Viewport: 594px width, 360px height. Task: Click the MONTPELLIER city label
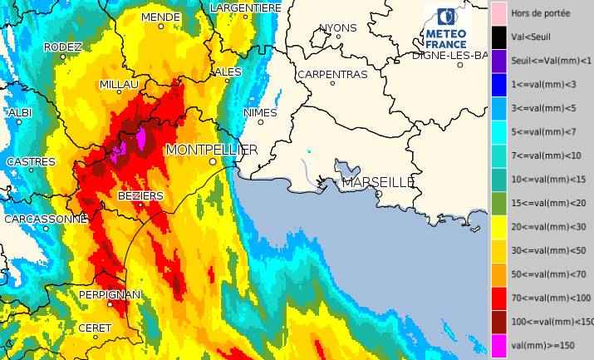[x=212, y=150]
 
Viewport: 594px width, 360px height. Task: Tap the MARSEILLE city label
[x=378, y=182]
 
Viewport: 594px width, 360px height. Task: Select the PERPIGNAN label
[x=110, y=295]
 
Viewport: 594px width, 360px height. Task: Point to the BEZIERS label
[x=140, y=195]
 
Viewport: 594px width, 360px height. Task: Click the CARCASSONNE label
[x=46, y=219]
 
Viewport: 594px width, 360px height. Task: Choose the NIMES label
[x=260, y=112]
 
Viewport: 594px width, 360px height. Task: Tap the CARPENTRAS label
[x=332, y=74]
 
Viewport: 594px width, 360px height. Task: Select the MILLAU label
[x=119, y=85]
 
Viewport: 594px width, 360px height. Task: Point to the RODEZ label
[x=62, y=47]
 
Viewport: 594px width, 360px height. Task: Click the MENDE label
[x=161, y=17]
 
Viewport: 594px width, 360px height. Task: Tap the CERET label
[x=95, y=328]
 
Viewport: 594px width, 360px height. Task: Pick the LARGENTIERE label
[x=246, y=7]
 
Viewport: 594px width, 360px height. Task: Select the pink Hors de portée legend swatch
[x=498, y=13]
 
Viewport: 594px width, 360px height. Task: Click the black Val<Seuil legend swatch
[x=498, y=37]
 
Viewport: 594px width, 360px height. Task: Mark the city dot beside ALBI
[x=18, y=122]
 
